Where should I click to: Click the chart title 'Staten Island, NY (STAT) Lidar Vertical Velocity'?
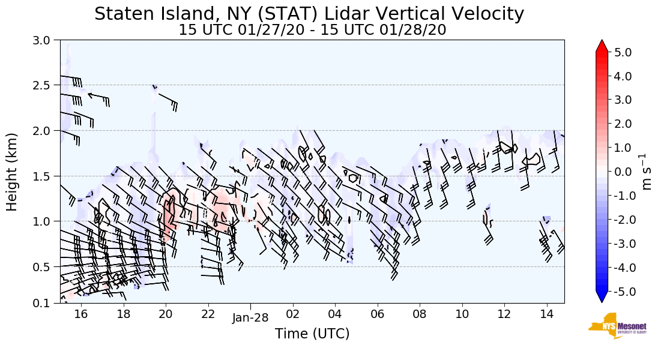(x=309, y=14)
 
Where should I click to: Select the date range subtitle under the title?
(x=312, y=30)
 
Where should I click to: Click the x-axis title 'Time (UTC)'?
(x=312, y=334)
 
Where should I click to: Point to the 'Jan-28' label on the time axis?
(x=250, y=318)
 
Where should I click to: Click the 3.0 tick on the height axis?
(x=46, y=41)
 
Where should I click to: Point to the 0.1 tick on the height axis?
(x=46, y=303)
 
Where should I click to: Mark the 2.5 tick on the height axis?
(x=46, y=85)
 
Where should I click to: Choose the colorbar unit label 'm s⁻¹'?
(x=647, y=172)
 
